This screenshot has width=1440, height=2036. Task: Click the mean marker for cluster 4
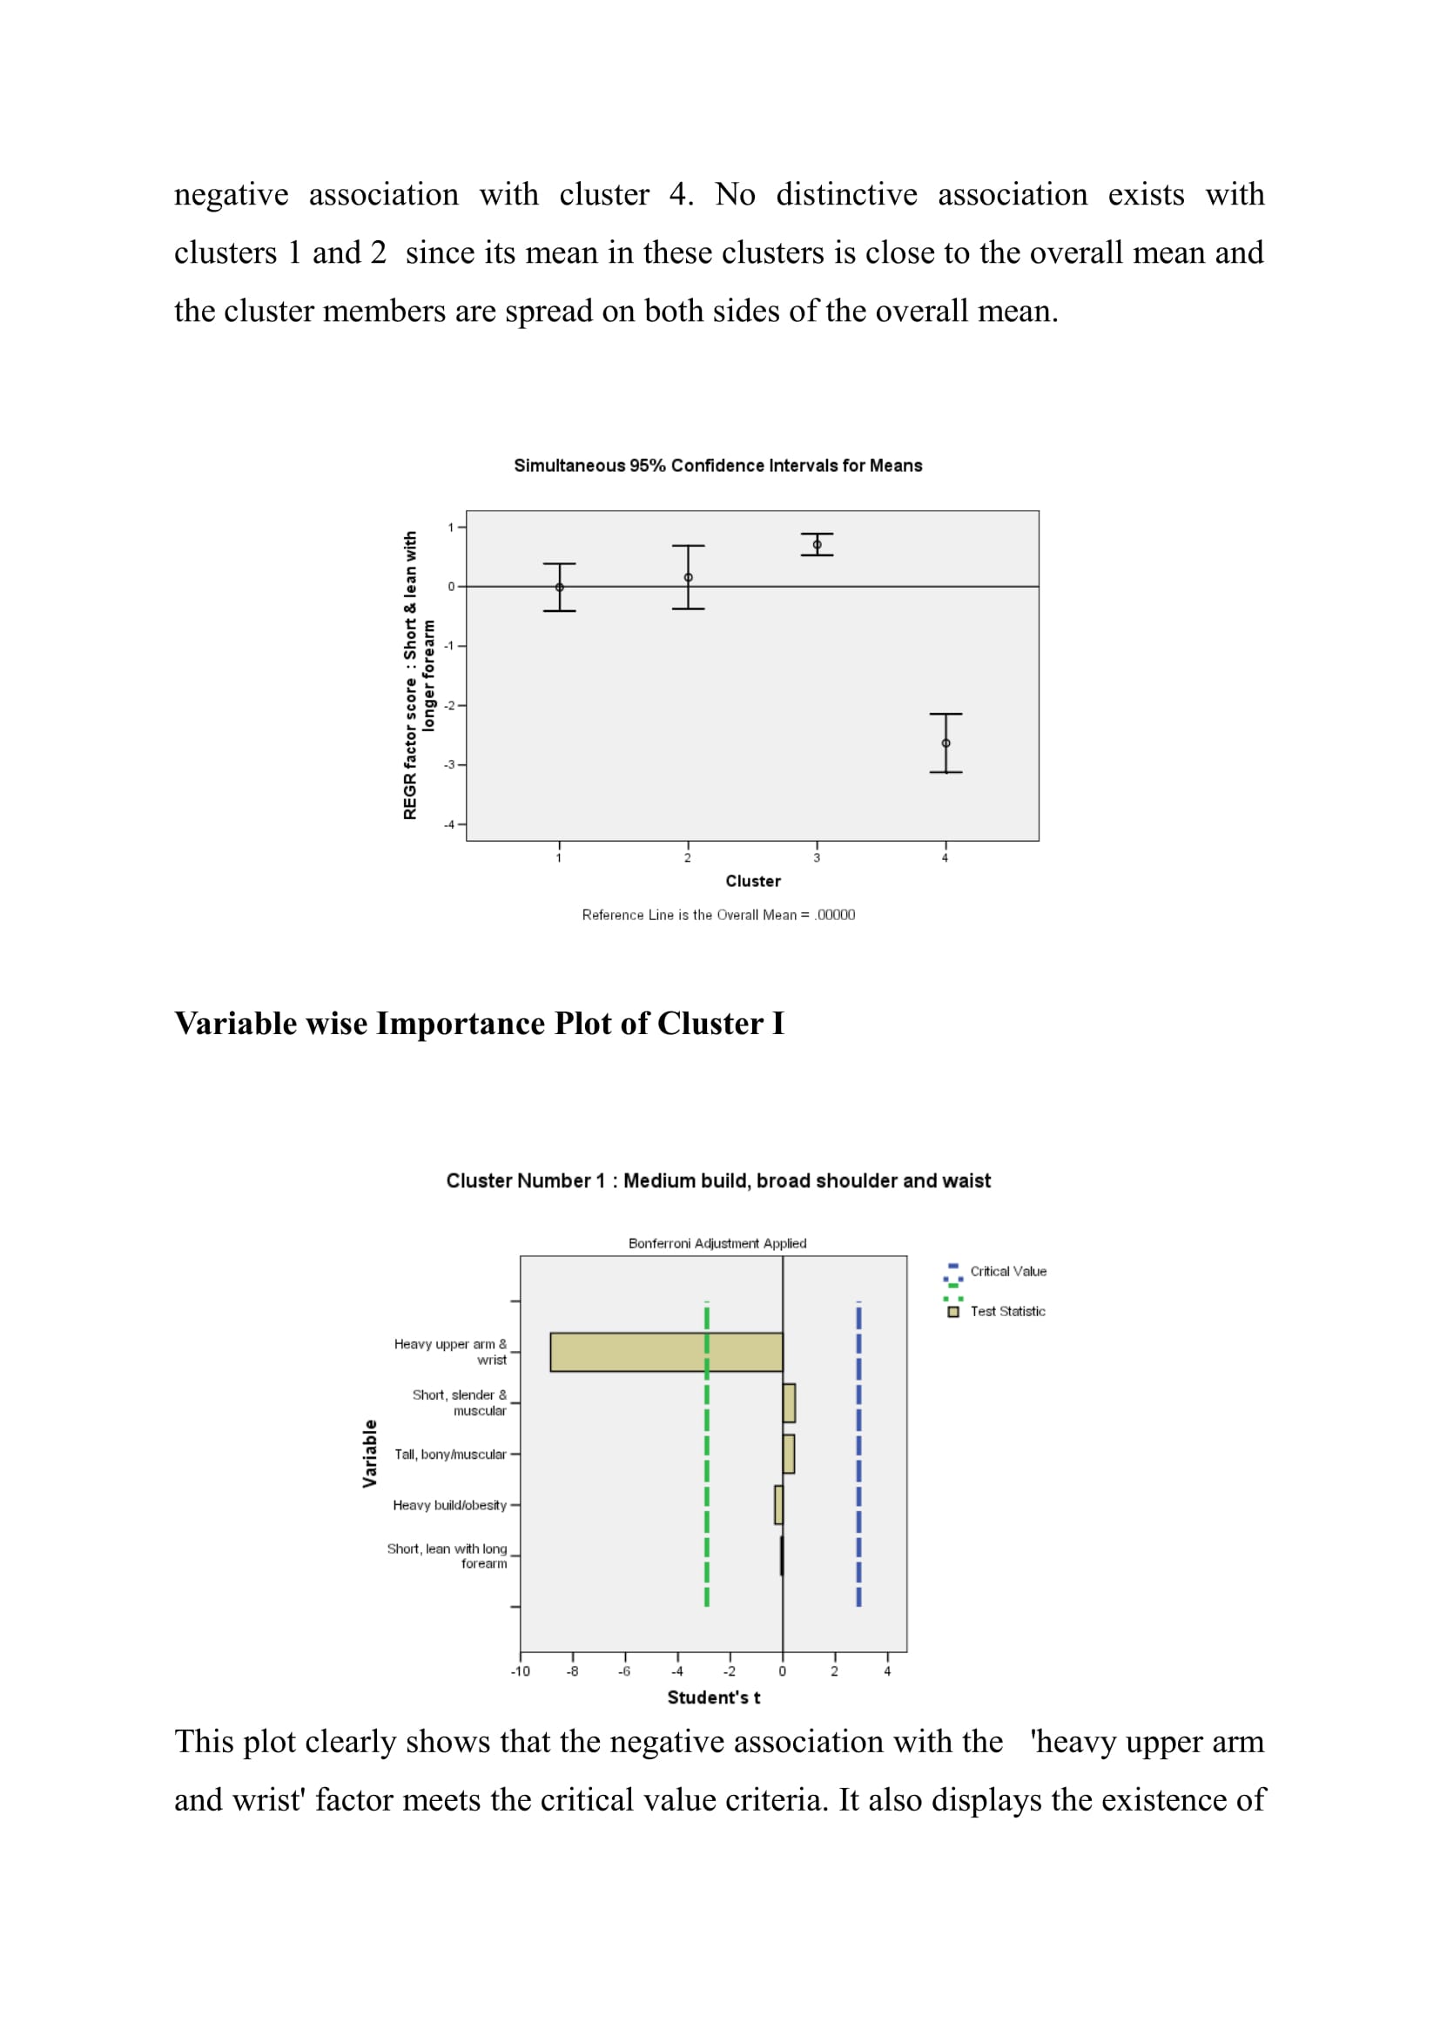pos(945,743)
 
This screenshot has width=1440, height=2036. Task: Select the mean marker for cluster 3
pos(817,544)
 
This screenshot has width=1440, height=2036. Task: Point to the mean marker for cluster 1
pos(560,587)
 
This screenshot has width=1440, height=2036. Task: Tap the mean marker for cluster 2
pos(688,577)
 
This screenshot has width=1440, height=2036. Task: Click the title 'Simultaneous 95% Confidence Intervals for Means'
pos(717,466)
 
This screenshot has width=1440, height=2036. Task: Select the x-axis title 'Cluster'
pos(753,881)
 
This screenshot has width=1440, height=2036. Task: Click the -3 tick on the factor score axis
pos(450,764)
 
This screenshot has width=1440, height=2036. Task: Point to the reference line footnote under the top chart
pos(718,914)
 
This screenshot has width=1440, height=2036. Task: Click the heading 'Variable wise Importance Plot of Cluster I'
pos(479,1024)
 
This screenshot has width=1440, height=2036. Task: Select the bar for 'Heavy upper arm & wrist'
pos(666,1352)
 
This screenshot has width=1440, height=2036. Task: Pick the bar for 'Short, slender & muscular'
pos(788,1403)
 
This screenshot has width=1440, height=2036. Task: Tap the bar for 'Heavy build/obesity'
pos(778,1505)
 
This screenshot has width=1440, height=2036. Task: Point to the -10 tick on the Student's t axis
pos(521,1670)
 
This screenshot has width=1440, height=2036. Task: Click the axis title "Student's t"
pos(713,1697)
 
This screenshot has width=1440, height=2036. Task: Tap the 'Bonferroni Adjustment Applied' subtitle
pos(717,1243)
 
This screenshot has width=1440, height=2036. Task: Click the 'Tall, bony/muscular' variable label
pos(450,1455)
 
